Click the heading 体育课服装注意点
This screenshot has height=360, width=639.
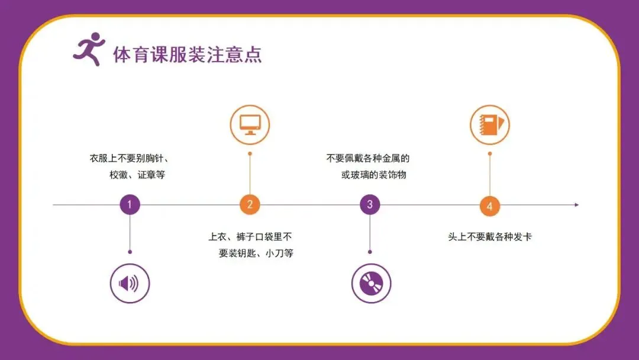coord(187,55)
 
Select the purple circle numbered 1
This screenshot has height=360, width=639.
coord(130,205)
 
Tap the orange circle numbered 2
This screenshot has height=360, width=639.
coord(250,205)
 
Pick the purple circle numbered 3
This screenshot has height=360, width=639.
coord(370,205)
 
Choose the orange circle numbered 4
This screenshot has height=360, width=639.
coord(489,206)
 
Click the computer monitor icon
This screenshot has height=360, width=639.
coord(250,124)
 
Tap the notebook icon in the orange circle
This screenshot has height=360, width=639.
coord(489,124)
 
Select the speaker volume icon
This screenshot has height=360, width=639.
coord(130,284)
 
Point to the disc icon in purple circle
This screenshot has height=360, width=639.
coord(371,284)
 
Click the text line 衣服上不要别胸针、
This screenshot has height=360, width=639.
coord(130,159)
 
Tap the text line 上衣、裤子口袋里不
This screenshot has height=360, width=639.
coord(250,237)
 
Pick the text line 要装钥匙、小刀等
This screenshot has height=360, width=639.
coord(256,253)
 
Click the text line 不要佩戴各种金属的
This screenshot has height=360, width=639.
coord(368,159)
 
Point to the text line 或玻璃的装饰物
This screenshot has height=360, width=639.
coord(374,175)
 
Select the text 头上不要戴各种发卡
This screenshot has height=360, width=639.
coord(489,237)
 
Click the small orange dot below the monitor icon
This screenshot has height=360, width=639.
coord(250,154)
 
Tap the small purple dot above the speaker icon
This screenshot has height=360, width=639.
coord(130,252)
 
